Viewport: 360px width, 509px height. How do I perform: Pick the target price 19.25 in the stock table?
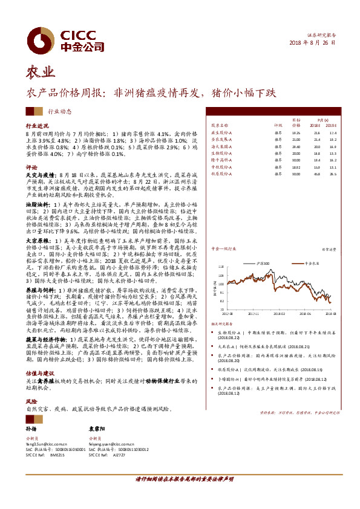[x=296, y=132]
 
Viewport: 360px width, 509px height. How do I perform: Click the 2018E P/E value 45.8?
[x=316, y=173]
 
